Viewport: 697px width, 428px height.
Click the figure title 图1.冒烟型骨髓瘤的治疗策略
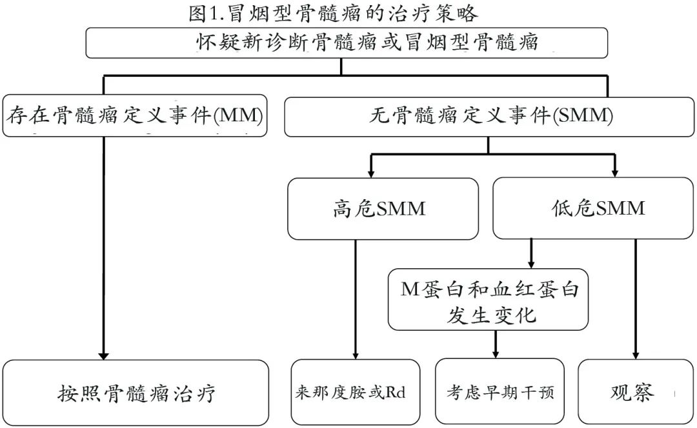334,12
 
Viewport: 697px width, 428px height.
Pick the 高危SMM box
383,208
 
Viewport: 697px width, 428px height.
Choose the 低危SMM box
594,208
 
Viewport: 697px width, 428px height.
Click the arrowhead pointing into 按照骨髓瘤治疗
103,355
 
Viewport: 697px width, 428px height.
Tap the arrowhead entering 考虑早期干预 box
496,354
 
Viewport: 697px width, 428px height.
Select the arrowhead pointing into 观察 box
636,355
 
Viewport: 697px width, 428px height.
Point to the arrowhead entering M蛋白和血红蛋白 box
531,264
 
